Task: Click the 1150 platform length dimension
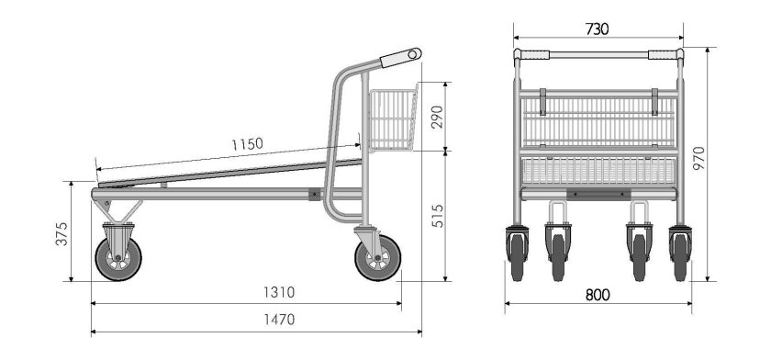tap(246, 144)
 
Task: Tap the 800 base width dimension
tap(598, 296)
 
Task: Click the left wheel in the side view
tap(117, 258)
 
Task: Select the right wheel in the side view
tap(377, 257)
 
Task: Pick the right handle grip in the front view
tap(663, 55)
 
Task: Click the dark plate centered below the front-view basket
tap(598, 193)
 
